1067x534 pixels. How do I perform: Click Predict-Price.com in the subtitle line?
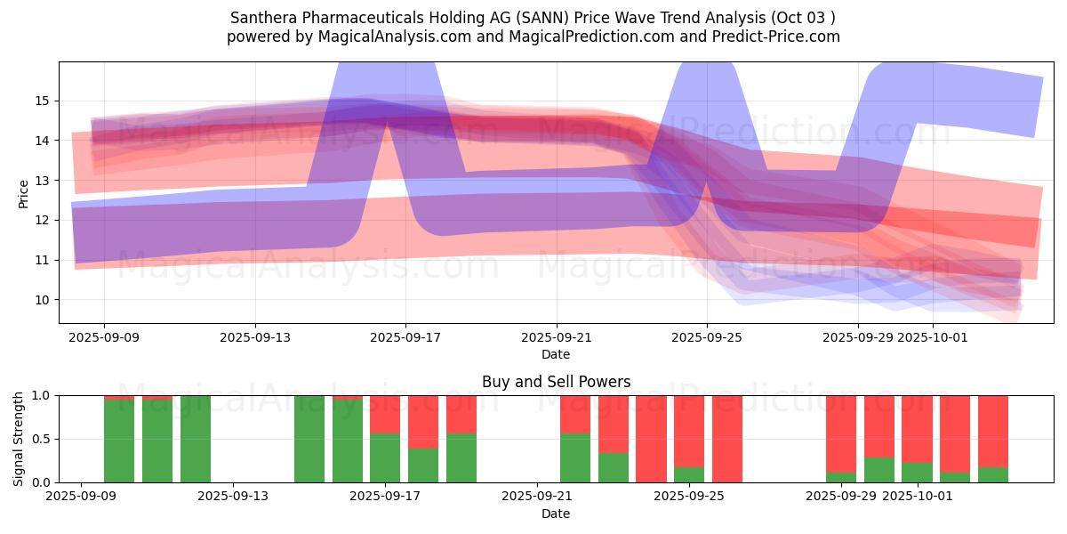coord(771,36)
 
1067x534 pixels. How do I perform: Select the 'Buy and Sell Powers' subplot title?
coord(556,382)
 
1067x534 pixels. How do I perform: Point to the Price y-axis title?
coord(24,193)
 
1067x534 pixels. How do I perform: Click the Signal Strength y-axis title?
coord(19,439)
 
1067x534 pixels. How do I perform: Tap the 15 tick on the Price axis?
coord(42,101)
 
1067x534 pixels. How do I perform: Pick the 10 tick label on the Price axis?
coord(42,300)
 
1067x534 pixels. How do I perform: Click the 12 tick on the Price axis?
coord(42,220)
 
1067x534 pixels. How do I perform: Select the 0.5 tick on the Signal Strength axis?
coord(39,439)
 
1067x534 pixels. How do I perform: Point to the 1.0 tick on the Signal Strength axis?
coord(39,395)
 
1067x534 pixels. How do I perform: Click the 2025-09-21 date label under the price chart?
coord(556,337)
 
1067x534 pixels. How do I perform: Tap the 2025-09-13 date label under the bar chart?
coord(233,497)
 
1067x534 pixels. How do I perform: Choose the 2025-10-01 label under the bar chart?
coord(917,497)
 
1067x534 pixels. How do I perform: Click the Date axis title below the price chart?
coord(556,354)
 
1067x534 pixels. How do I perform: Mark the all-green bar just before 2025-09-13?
coord(196,439)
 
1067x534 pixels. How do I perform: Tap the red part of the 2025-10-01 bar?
coord(917,428)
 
